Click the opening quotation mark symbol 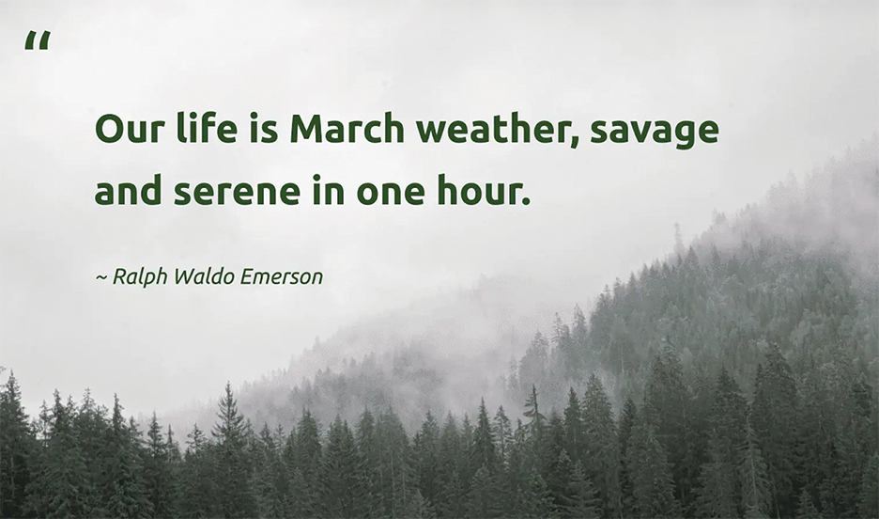[x=38, y=41]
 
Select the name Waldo [x=204, y=276]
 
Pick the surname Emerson [x=282, y=276]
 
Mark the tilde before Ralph [x=101, y=277]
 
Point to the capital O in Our [x=109, y=129]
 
